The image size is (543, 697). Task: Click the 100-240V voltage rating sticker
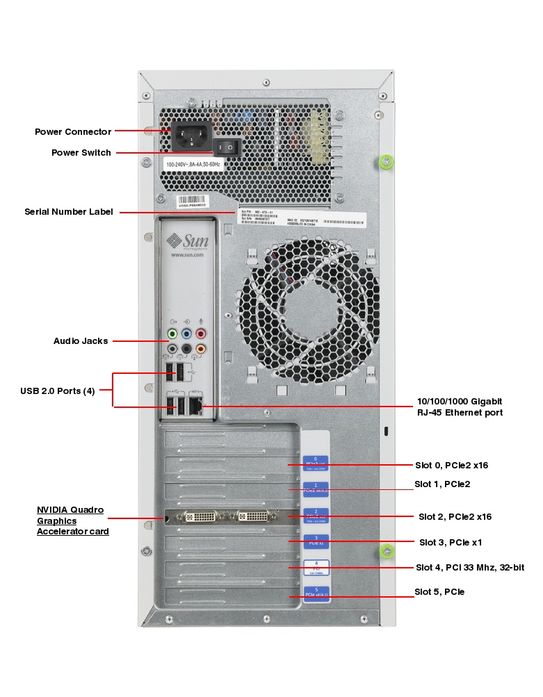coord(193,165)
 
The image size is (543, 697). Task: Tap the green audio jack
coord(172,334)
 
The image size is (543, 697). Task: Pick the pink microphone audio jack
coord(201,334)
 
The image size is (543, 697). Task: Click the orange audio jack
coord(201,349)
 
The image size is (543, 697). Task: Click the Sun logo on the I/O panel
coord(185,241)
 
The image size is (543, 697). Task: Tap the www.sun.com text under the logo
coord(186,255)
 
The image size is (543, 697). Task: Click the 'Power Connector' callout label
coord(73,132)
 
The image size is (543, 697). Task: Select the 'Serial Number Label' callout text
coord(68,212)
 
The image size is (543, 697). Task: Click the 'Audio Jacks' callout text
coord(81,341)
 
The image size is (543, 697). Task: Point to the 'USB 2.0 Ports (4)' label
coord(57,391)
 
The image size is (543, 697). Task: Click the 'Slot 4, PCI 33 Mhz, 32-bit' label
coord(469,568)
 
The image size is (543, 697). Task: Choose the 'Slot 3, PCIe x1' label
coord(450,542)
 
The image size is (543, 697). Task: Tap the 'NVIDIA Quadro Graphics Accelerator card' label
coord(70,520)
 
